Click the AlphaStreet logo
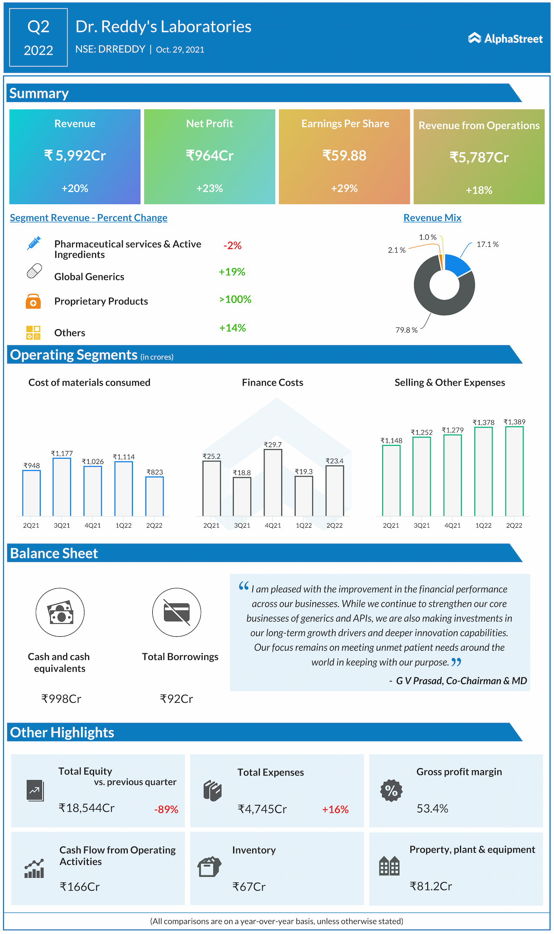pos(505,39)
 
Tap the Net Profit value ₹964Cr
pos(209,155)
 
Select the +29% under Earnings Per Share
pos(344,188)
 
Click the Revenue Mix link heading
pos(432,218)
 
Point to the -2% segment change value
pos(232,246)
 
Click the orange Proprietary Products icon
pos(33,301)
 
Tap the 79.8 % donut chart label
pos(406,330)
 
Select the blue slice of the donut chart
pos(457,265)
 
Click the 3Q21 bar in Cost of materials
pos(62,487)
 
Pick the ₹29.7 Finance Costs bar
pos(273,483)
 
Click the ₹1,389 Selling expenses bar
pos(514,471)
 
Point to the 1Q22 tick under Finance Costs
pos(304,525)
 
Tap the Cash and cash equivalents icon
pos(60,612)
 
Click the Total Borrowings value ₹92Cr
pos(176,699)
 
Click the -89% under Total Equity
pos(166,809)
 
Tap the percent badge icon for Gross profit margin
pos(391,791)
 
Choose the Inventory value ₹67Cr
pos(249,887)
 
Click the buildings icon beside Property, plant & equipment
pos(389,866)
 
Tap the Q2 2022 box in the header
pos(39,38)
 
